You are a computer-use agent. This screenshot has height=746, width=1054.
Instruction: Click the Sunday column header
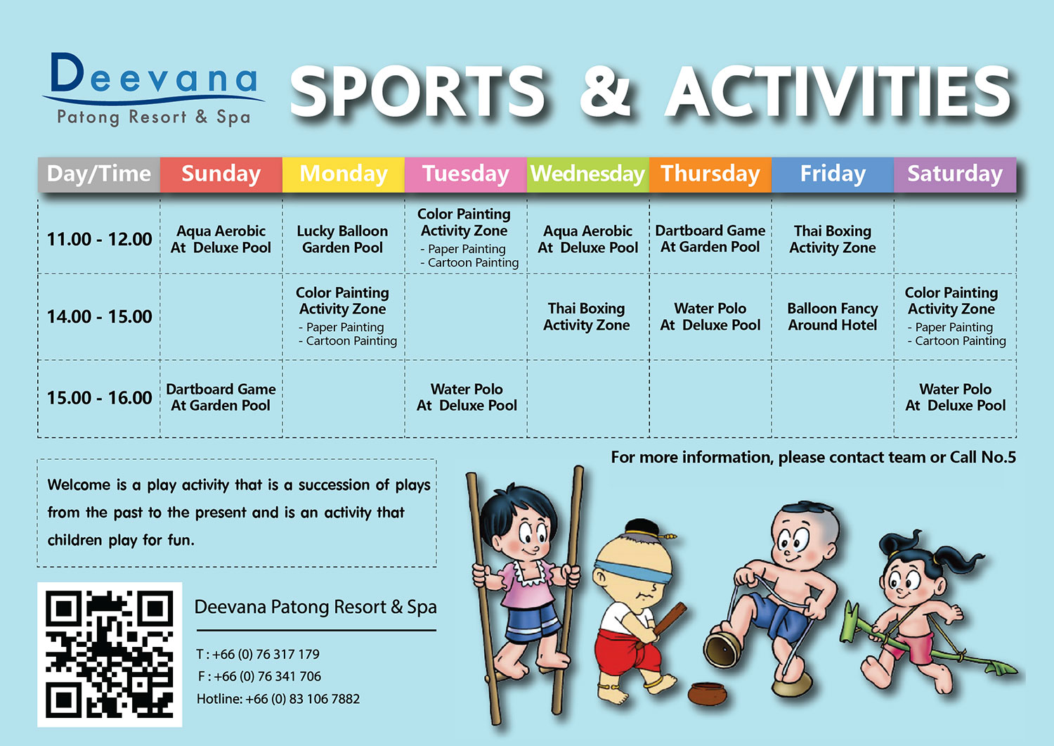click(x=221, y=174)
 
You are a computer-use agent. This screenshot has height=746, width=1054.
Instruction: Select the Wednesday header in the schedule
click(x=587, y=174)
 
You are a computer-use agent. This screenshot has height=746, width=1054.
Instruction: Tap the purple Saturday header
click(x=955, y=174)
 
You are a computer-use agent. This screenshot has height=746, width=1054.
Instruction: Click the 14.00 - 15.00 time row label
click(x=99, y=316)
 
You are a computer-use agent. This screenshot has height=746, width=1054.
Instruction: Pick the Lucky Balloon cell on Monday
click(x=343, y=239)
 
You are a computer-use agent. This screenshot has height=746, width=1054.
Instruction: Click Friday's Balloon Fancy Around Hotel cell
click(x=833, y=316)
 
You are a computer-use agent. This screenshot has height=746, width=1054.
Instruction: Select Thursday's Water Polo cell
click(x=710, y=316)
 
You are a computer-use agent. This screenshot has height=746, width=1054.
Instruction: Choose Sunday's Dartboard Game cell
click(x=221, y=397)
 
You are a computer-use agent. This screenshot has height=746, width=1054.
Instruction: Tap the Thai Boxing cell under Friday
click(x=833, y=239)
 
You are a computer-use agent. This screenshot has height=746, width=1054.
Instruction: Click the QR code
click(x=110, y=654)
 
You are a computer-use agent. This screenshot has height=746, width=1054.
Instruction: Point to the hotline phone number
click(x=278, y=699)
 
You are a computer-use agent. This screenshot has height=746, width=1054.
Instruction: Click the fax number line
click(x=259, y=676)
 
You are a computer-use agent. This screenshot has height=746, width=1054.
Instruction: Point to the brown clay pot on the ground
click(x=707, y=694)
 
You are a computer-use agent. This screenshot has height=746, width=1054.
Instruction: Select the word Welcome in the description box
click(x=78, y=484)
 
